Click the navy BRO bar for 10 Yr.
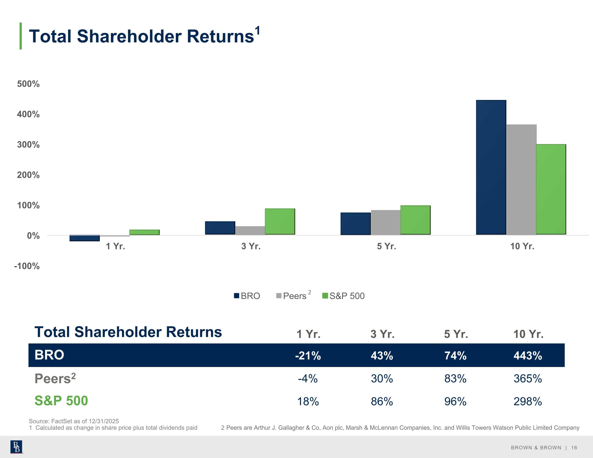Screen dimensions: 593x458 click(491, 167)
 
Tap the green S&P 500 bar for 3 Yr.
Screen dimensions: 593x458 click(280, 222)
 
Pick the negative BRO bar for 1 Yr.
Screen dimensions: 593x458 click(84, 238)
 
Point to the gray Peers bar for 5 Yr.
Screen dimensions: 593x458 click(386, 222)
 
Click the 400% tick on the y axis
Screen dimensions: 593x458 click(28, 114)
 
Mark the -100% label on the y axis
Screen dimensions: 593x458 click(27, 266)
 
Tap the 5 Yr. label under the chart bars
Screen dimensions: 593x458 click(386, 246)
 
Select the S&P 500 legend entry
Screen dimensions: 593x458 click(344, 296)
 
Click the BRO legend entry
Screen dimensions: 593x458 click(247, 296)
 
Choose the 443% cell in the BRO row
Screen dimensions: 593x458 click(528, 356)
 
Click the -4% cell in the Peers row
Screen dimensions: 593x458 click(308, 378)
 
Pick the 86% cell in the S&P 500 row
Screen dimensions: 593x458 click(382, 401)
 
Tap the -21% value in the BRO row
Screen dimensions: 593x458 click(308, 356)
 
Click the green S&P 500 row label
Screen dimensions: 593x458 click(61, 401)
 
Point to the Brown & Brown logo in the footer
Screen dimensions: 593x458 click(16, 447)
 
